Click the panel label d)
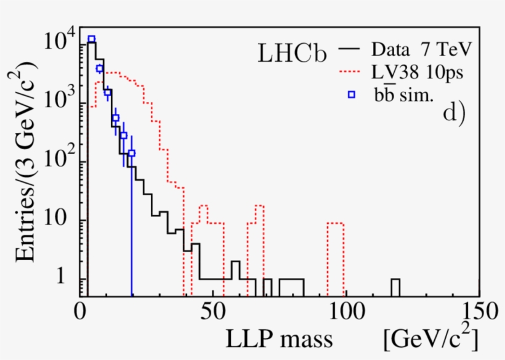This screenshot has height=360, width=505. tap(453, 114)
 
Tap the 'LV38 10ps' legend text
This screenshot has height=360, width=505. tap(416, 73)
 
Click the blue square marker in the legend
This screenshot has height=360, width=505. tap(352, 95)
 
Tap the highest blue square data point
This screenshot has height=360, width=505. tap(91, 39)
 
